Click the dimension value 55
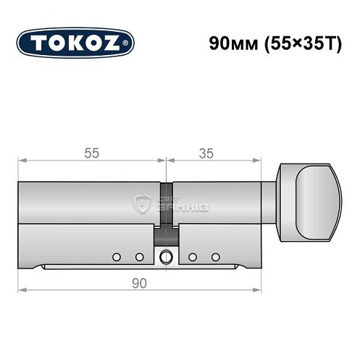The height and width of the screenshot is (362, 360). (x=91, y=153)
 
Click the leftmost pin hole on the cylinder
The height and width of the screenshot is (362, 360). (x=116, y=257)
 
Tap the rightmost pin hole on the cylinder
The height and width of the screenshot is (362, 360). (x=214, y=257)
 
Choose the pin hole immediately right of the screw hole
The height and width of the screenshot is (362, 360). (x=192, y=257)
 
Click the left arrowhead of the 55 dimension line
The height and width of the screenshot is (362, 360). (x=22, y=160)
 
